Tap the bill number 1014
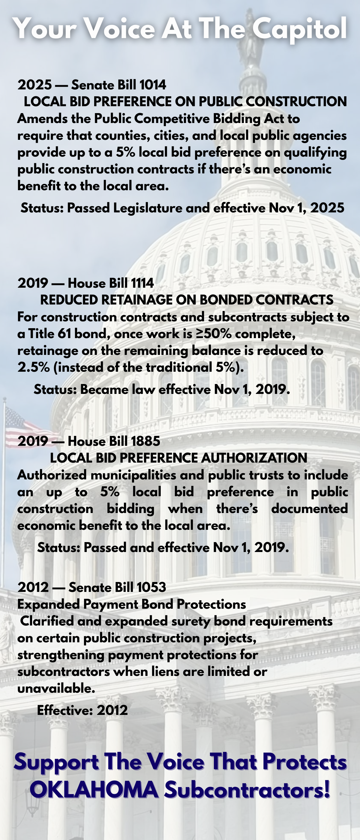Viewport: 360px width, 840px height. pyautogui.click(x=153, y=85)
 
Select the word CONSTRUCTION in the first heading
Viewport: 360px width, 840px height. pyautogui.click(x=296, y=102)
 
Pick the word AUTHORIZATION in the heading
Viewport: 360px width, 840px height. pyautogui.click(x=254, y=458)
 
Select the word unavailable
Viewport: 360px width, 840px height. pyautogui.click(x=56, y=688)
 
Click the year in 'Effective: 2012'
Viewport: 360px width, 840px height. pyautogui.click(x=112, y=710)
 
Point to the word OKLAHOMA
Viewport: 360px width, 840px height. pyautogui.click(x=94, y=790)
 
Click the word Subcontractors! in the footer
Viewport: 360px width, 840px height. pyautogui.click(x=247, y=790)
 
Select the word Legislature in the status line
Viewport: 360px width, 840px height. pyautogui.click(x=147, y=208)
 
